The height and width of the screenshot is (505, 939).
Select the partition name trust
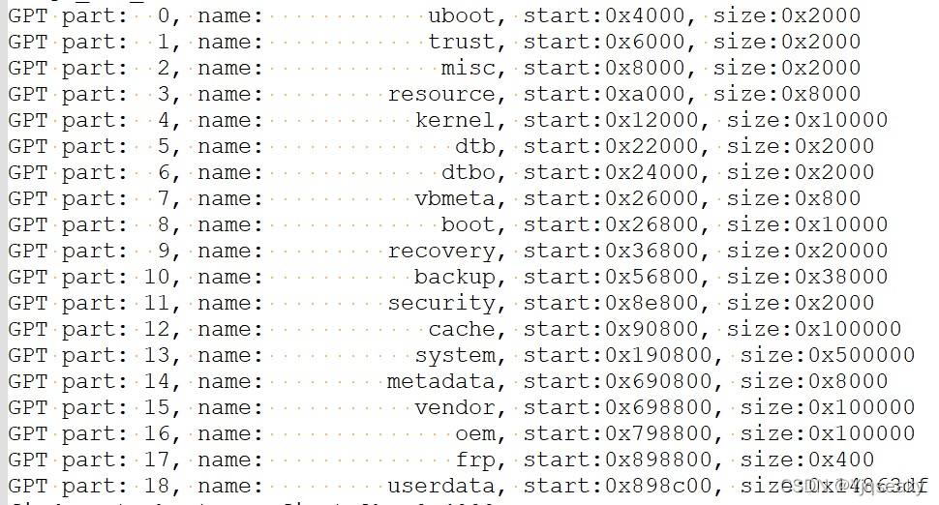461,42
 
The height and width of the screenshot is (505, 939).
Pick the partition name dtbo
468,172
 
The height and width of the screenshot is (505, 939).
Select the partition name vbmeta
454,198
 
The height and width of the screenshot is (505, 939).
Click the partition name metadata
440,381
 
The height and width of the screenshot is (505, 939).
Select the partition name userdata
440,486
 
